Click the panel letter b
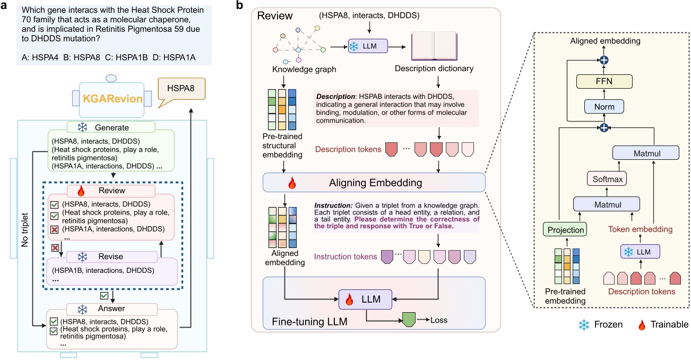point(239,6)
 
